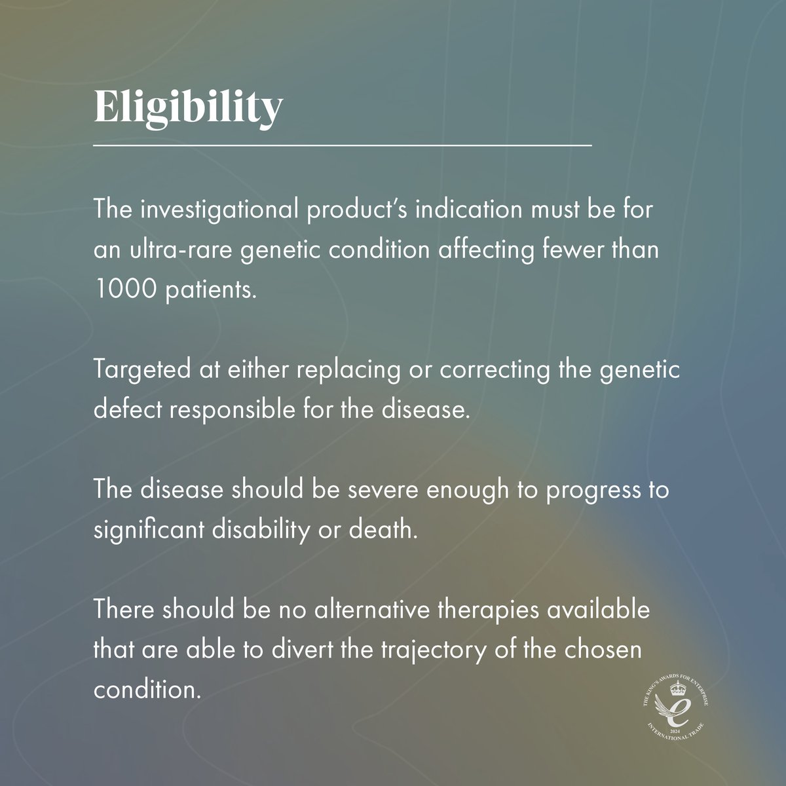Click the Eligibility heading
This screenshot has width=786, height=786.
click(189, 107)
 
